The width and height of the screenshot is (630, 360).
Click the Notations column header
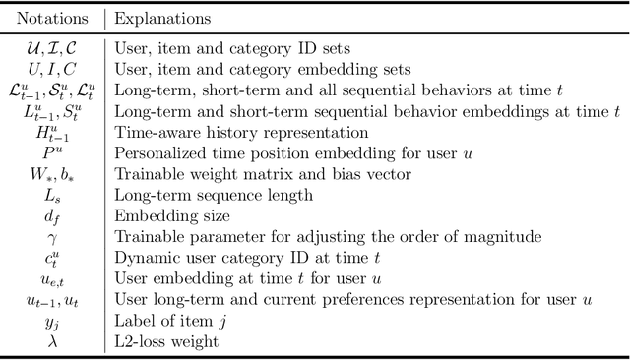[51, 19]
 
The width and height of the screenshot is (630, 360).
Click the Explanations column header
[162, 19]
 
